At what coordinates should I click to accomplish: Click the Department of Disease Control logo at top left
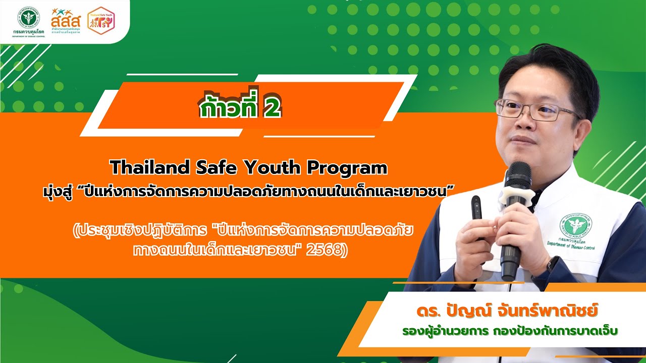coord(29,20)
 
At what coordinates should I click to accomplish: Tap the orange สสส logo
coord(66,20)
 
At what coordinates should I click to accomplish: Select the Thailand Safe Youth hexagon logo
coord(100,21)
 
